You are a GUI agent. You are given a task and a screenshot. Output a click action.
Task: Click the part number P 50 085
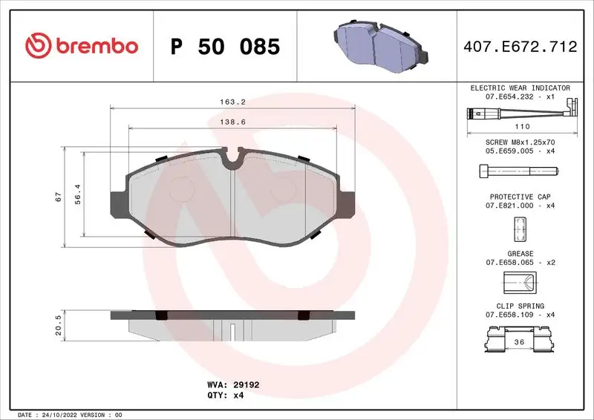(x=225, y=47)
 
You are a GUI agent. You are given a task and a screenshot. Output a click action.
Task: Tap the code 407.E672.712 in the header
(x=520, y=47)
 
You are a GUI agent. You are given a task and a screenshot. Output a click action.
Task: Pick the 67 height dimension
(x=58, y=197)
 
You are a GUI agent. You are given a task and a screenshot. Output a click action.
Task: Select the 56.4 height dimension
(x=77, y=194)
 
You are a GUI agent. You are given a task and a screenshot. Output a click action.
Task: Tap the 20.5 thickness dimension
(x=58, y=324)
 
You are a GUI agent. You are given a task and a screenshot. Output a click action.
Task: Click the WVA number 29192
(x=244, y=385)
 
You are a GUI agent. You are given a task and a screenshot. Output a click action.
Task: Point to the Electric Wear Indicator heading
(x=520, y=88)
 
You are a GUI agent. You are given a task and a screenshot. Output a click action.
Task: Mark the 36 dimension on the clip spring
(x=520, y=342)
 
